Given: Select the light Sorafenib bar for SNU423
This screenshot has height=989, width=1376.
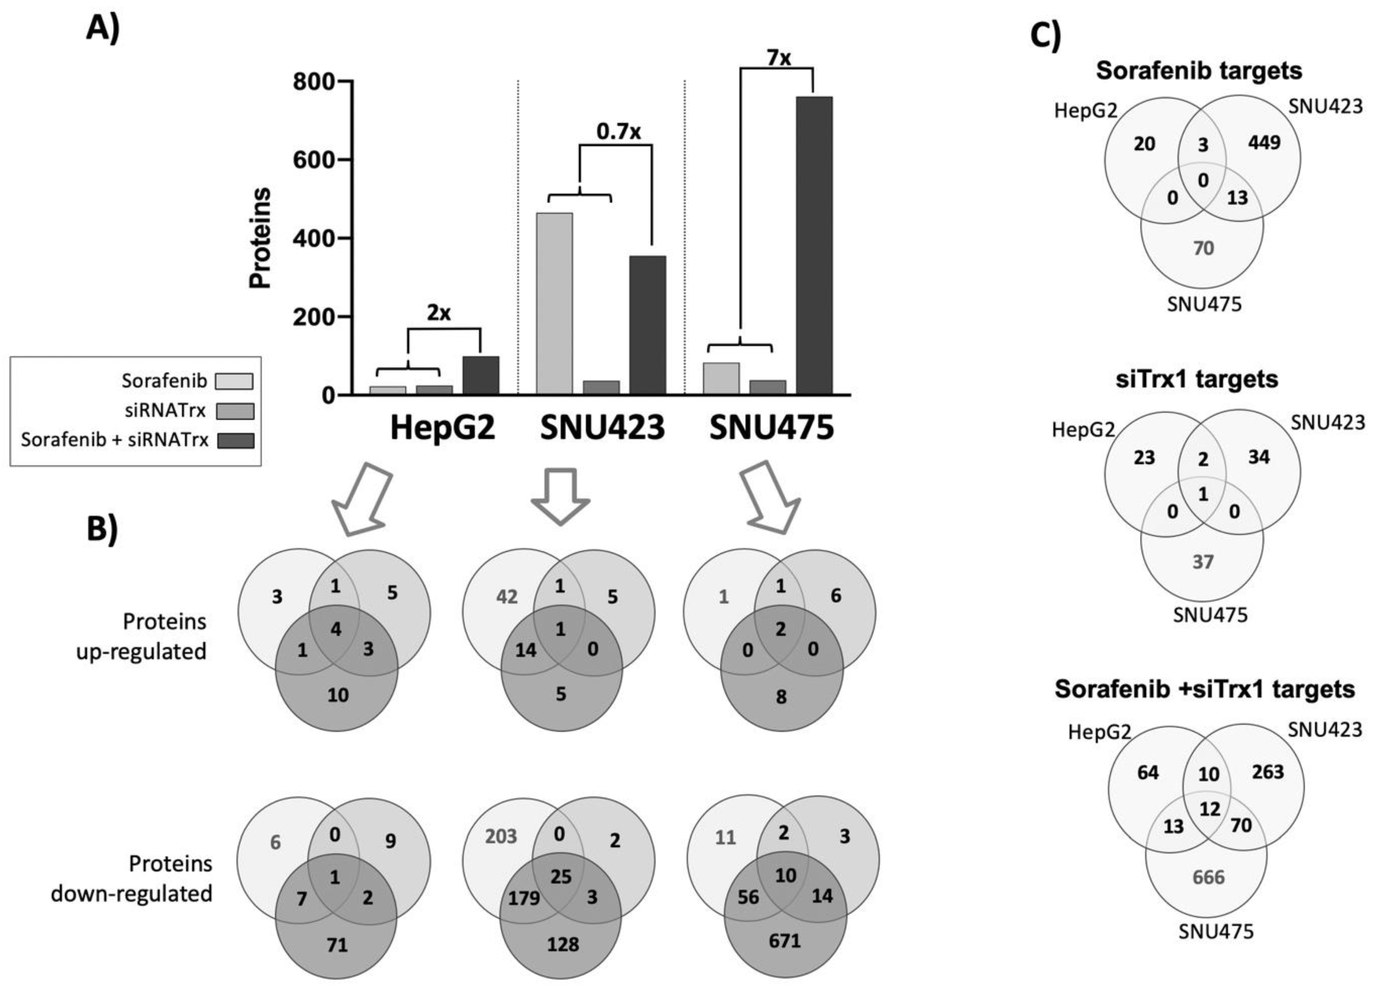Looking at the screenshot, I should tap(554, 303).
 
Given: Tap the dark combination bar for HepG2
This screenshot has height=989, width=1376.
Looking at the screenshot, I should tap(481, 376).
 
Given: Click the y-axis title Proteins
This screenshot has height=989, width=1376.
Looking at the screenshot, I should tap(261, 238).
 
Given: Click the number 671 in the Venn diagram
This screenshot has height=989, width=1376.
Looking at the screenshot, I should tap(785, 941).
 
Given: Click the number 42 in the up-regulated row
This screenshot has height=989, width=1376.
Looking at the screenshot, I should tap(507, 597).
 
